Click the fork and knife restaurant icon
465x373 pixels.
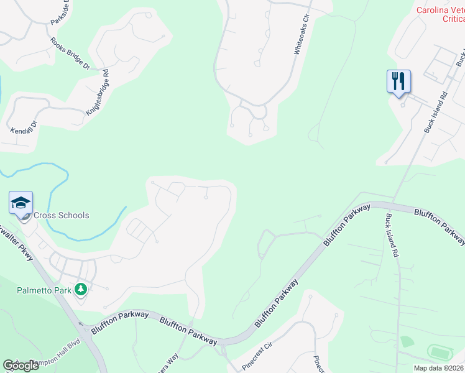click(x=398, y=81)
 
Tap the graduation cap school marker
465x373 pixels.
click(x=21, y=203)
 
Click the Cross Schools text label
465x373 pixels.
click(x=61, y=216)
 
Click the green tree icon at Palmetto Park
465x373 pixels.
click(x=80, y=289)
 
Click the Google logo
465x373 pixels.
click(x=21, y=366)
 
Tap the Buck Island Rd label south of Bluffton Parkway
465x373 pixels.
click(x=392, y=236)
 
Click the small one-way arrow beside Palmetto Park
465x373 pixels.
click(x=80, y=323)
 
